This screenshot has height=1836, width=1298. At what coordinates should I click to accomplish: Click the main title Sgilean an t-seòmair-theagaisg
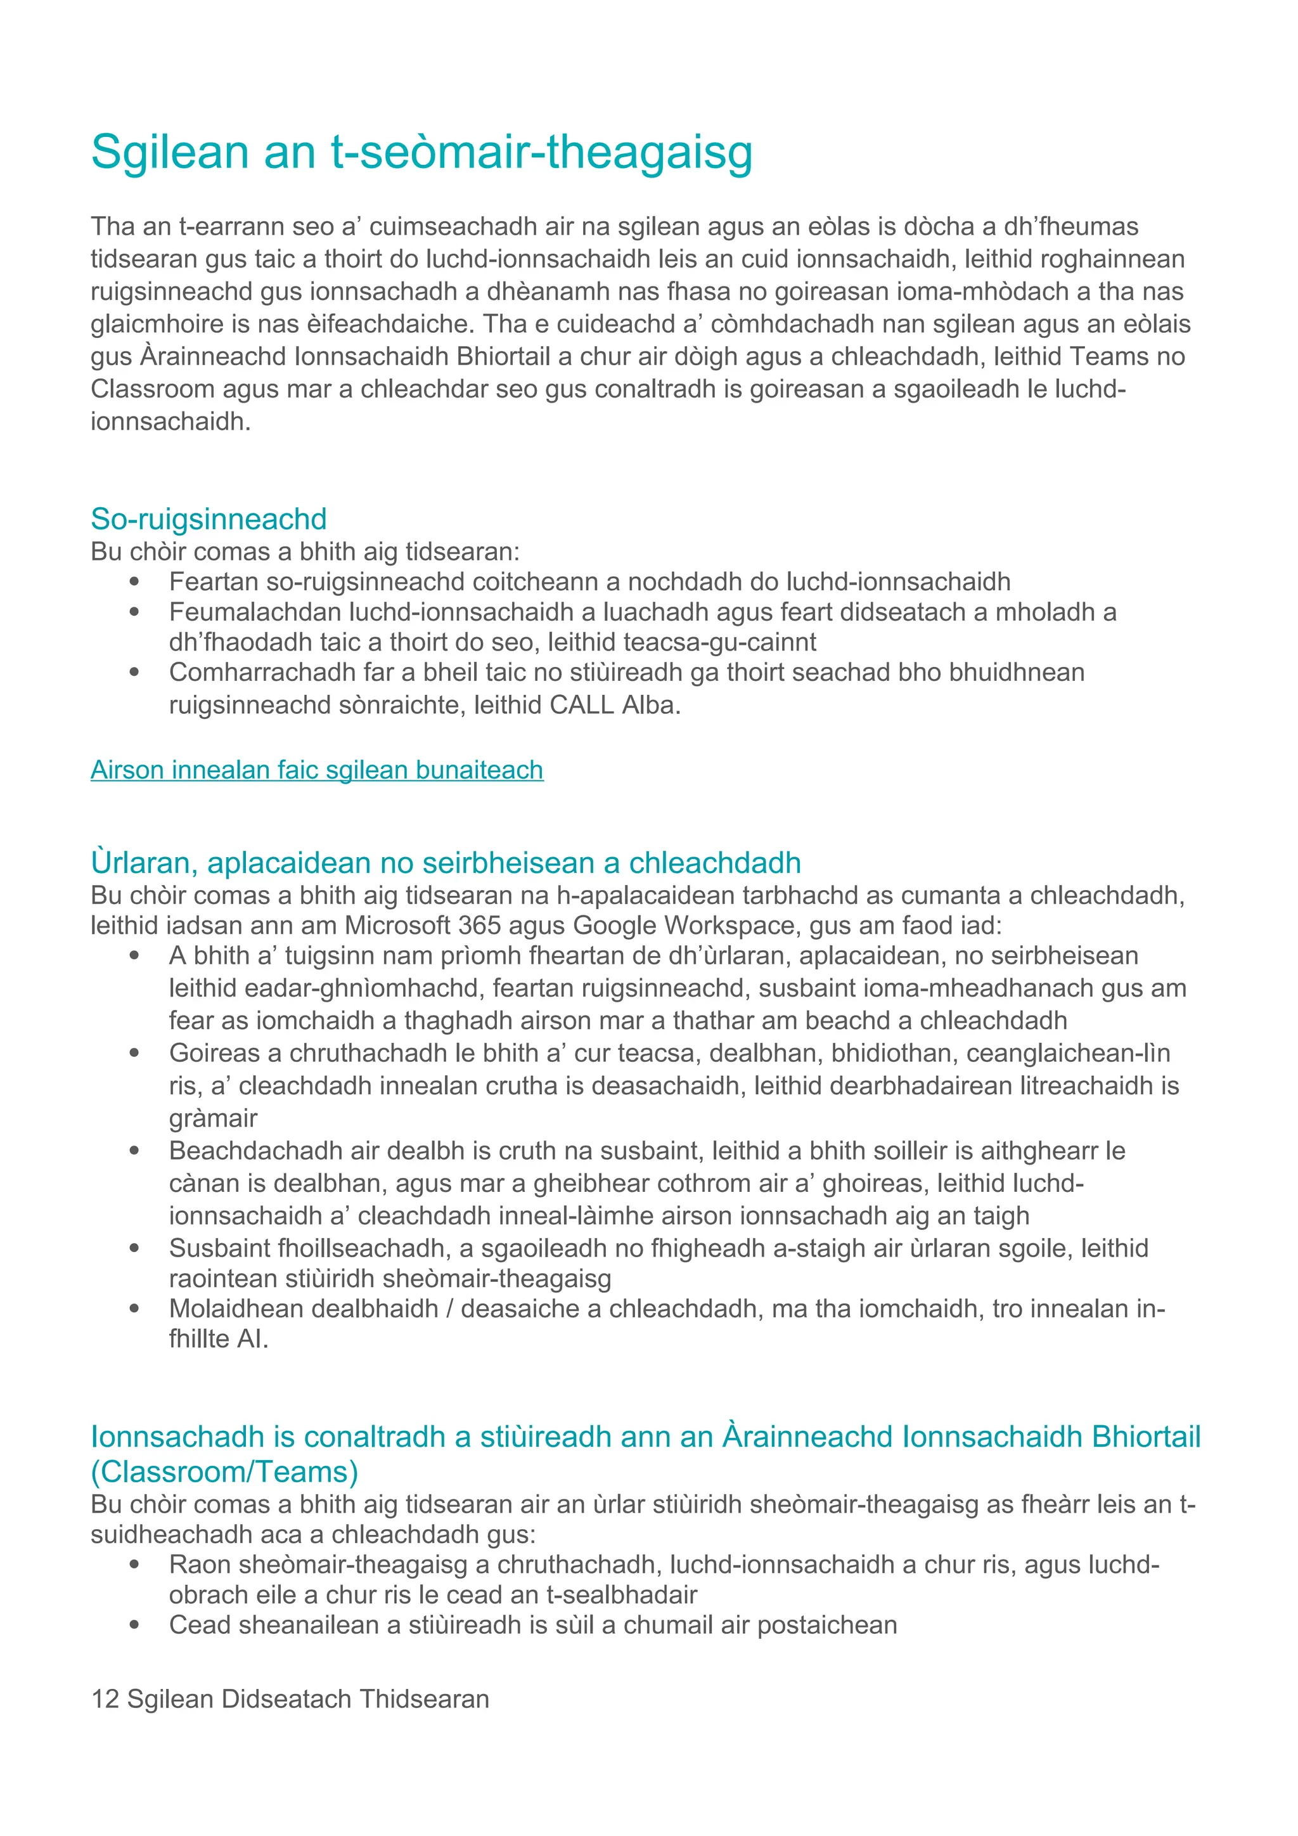click(421, 152)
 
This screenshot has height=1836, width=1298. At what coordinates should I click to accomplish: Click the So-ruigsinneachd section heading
click(209, 519)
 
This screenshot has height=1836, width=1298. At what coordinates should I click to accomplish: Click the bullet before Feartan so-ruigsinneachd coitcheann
click(134, 582)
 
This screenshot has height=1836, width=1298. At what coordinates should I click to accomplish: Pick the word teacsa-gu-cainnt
click(719, 642)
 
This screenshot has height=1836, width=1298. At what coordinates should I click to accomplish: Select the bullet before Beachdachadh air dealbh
click(134, 1151)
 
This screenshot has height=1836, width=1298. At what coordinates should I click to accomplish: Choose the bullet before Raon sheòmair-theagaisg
click(134, 1565)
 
